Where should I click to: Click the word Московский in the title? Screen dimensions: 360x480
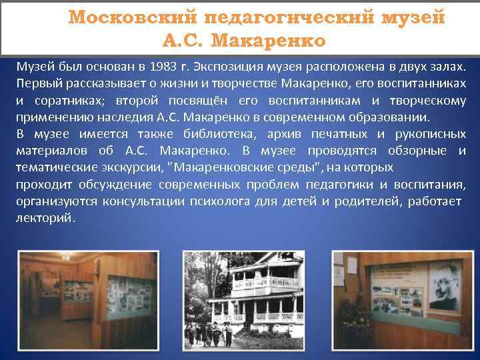126,17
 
